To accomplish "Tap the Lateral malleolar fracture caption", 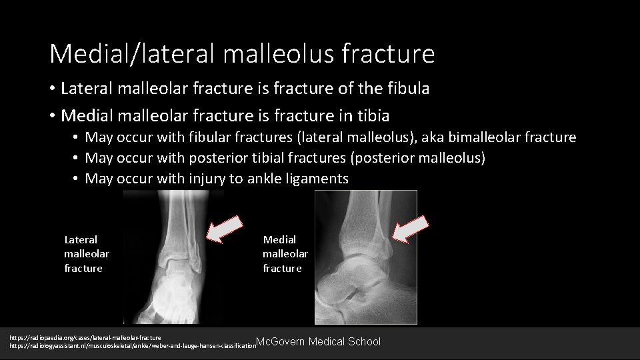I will coord(86,254).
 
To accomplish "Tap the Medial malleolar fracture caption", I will coord(285,254).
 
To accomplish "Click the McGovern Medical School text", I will coord(318,342).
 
